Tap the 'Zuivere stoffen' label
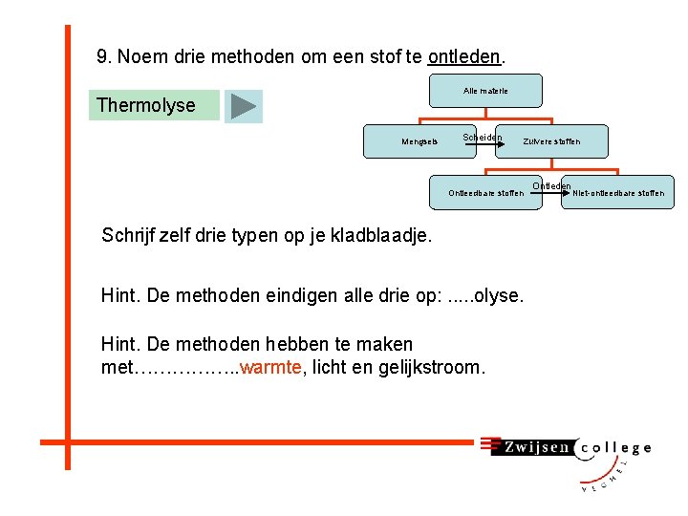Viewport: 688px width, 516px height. [x=551, y=142]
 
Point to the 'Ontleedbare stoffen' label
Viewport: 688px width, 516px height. [x=485, y=193]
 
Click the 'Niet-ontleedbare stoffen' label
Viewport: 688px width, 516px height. [x=618, y=193]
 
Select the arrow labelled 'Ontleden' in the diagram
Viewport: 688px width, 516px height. [x=551, y=192]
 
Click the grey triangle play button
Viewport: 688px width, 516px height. [x=244, y=106]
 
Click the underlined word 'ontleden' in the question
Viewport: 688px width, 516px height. [x=463, y=56]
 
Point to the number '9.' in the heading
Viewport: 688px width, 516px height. [x=105, y=56]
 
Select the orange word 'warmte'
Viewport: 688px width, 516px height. [x=271, y=367]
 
